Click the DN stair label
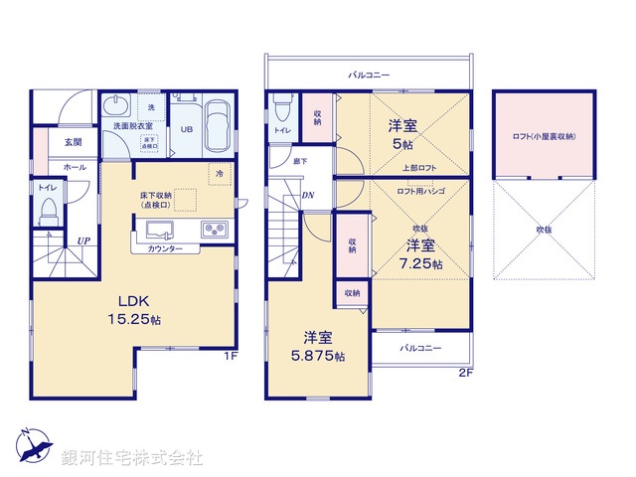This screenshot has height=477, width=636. (308, 195)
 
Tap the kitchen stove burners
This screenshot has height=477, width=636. (215, 230)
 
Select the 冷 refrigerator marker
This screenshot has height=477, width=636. (218, 173)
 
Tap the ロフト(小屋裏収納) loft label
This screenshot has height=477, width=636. (544, 136)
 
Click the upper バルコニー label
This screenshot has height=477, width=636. (369, 75)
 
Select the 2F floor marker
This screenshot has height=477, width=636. (465, 373)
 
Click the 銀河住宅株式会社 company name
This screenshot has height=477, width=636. (132, 458)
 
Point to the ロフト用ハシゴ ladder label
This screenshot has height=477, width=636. (420, 191)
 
